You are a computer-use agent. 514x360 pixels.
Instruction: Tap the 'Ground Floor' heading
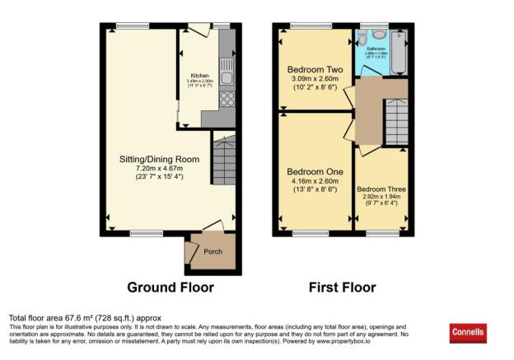[x=171, y=288]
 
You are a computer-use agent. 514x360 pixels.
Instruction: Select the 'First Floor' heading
[x=342, y=288]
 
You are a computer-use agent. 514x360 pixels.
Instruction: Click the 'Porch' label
[x=213, y=251]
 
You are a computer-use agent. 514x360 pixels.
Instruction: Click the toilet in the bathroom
[x=377, y=37]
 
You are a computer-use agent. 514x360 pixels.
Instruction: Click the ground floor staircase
[x=224, y=161]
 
